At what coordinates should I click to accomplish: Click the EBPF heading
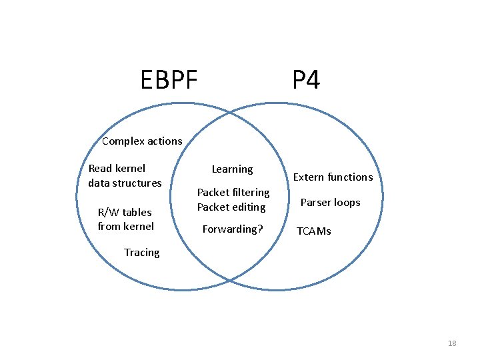coord(169,80)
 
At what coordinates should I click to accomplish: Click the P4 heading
coord(306,80)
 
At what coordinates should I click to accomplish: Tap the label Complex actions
coord(142,141)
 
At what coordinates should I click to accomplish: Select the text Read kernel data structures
coord(125,175)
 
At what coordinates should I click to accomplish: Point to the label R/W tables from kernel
coord(125,219)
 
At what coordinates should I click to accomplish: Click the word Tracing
coord(141,252)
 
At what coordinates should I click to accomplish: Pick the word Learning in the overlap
coord(232,169)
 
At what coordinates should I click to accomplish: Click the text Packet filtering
coord(233,192)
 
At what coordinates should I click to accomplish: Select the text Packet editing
coord(231,207)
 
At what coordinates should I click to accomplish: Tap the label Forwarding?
coord(233,229)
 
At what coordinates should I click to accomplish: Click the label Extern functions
coord(333,177)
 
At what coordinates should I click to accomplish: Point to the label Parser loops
coord(330,202)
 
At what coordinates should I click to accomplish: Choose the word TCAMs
coord(313,231)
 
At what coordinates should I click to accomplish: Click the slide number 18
coord(452,343)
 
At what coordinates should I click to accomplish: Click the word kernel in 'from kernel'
coord(139,226)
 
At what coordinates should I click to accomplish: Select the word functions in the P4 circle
coord(350,177)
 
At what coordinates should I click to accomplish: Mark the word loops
coord(347,203)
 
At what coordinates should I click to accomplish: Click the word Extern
coord(309,177)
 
